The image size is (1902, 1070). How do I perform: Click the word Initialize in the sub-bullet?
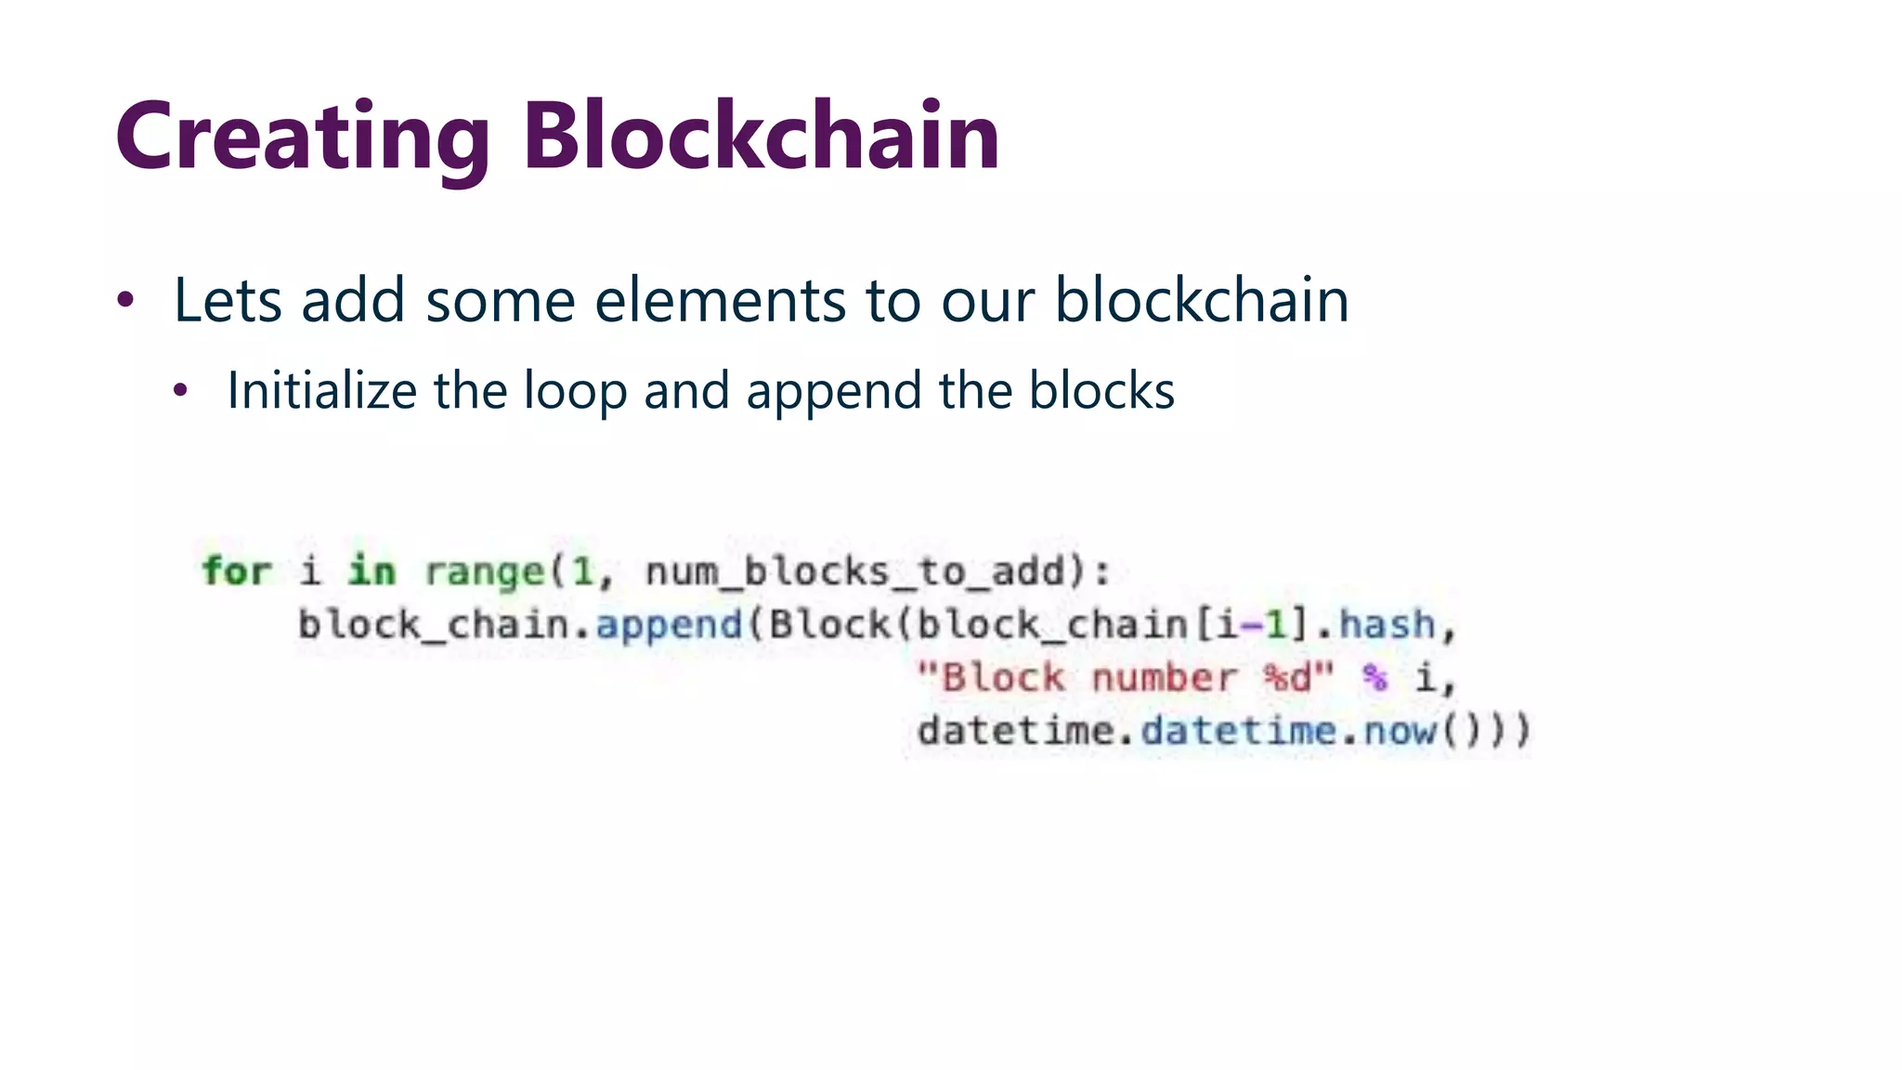pyautogui.click(x=321, y=390)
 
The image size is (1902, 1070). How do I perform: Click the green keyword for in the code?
pyautogui.click(x=237, y=570)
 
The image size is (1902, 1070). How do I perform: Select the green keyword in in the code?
pyautogui.click(x=371, y=570)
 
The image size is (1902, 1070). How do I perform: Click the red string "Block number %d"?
pyautogui.click(x=1125, y=678)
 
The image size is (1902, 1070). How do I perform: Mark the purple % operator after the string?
pyautogui.click(x=1374, y=678)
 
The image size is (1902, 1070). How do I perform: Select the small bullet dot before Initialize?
pyautogui.click(x=180, y=391)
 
